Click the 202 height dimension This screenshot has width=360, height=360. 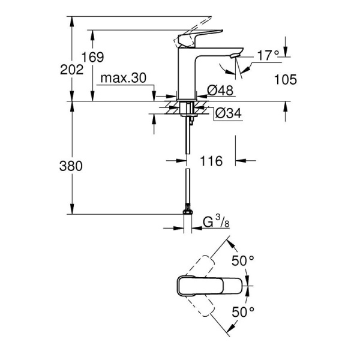(72, 70)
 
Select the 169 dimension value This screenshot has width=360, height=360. (93, 58)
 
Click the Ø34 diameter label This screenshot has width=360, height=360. (227, 113)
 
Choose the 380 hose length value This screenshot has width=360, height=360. (72, 166)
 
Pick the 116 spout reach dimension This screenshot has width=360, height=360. (211, 161)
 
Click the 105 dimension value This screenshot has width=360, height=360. (285, 79)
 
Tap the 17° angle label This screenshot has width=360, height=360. (268, 56)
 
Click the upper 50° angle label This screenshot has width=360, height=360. (244, 261)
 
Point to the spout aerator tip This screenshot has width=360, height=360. (235, 56)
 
